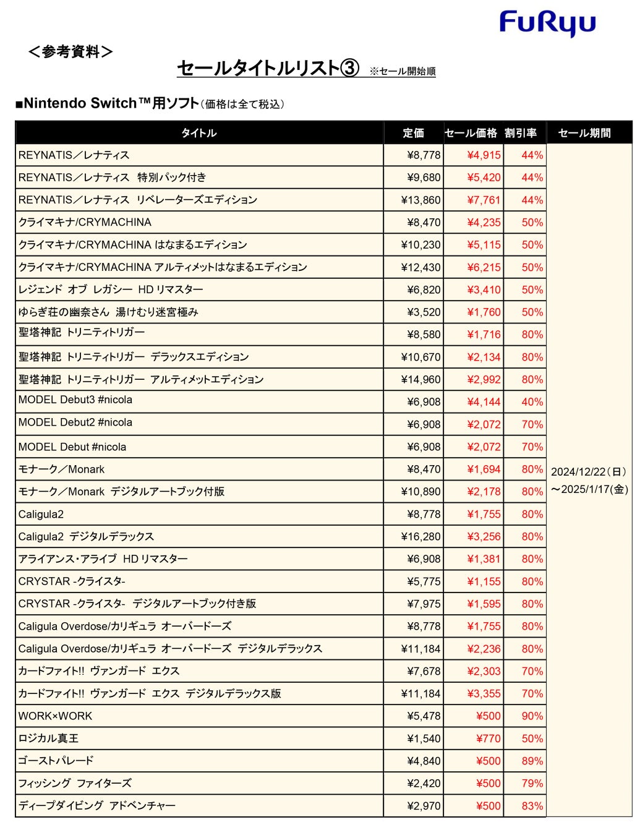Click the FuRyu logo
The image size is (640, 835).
click(547, 24)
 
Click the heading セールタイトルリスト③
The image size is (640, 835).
click(268, 68)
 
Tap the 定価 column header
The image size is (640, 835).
click(413, 133)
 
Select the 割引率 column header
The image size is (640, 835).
click(521, 133)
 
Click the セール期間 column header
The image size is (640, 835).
click(584, 133)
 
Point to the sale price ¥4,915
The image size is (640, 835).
click(484, 155)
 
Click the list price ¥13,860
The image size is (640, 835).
click(420, 200)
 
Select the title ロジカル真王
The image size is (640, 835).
click(48, 739)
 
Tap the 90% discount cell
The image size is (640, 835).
click(532, 716)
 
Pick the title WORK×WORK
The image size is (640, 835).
click(55, 716)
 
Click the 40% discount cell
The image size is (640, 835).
click(532, 402)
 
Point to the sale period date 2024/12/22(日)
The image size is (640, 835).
click(589, 472)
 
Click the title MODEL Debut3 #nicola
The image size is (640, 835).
click(75, 400)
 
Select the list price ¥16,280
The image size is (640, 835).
click(420, 537)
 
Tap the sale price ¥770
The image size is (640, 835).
click(488, 739)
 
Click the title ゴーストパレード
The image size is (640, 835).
click(56, 761)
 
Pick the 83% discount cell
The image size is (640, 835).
click(532, 806)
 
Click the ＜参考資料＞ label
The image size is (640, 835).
click(70, 52)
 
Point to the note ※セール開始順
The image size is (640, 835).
click(403, 72)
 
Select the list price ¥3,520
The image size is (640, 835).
click(424, 312)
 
